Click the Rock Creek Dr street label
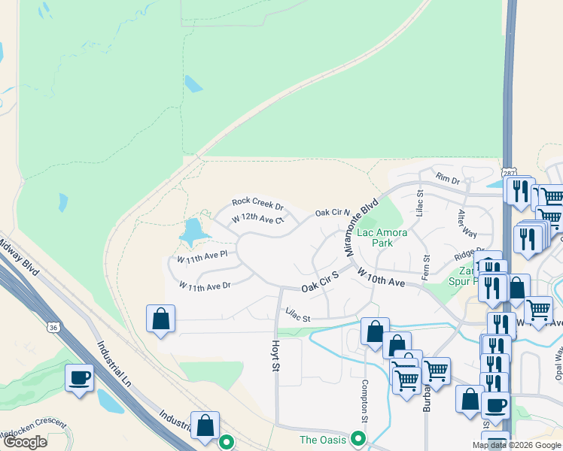[257, 203]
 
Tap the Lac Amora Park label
[375, 238]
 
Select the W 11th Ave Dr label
[204, 286]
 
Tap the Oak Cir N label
[333, 213]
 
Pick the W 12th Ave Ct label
[257, 219]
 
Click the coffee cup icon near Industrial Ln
[79, 378]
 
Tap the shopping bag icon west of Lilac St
[161, 319]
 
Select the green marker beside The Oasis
[359, 439]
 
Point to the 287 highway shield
[510, 174]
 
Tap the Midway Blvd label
[20, 253]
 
